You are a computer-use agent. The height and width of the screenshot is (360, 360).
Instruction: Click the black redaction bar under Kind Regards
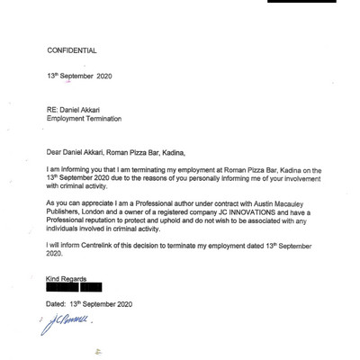click(79, 288)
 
